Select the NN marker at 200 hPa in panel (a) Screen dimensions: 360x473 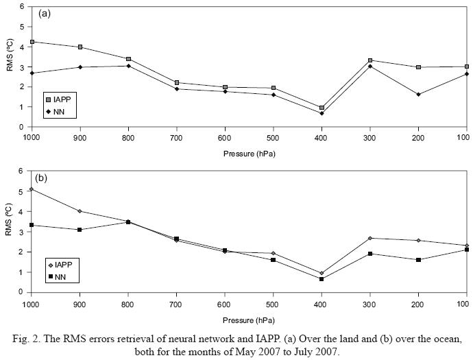418,94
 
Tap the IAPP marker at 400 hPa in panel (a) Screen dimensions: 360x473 322,108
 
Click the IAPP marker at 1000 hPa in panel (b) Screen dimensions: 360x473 32,189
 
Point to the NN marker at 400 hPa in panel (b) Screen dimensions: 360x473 322,278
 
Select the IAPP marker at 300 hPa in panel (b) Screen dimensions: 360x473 369,238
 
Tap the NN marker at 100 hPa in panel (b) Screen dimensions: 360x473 466,250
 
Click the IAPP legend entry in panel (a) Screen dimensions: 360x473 58,99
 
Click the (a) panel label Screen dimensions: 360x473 45,13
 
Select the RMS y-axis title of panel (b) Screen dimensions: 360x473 9,231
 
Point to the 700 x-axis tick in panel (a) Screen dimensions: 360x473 176,136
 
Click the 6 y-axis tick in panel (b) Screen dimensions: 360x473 21,171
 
